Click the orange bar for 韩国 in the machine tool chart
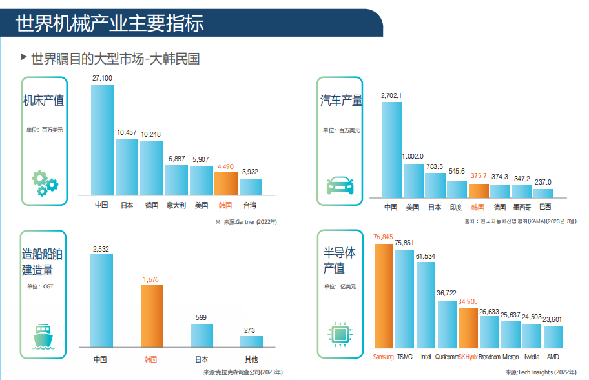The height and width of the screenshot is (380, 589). (x=225, y=183)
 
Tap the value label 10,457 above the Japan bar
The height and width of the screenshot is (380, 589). (x=127, y=133)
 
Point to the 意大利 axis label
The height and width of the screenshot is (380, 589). (x=176, y=206)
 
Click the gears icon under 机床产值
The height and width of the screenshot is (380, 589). (x=45, y=183)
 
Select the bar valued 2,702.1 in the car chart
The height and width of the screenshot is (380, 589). (x=391, y=148)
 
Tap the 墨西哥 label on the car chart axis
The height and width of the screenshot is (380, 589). (x=522, y=208)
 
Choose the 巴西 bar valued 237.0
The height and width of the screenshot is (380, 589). (x=544, y=193)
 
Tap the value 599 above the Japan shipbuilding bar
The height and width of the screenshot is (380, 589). (x=201, y=317)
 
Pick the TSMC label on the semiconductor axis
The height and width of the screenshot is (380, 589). (x=405, y=357)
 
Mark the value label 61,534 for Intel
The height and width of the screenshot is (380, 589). (x=426, y=256)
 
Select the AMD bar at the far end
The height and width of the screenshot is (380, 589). (x=553, y=336)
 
